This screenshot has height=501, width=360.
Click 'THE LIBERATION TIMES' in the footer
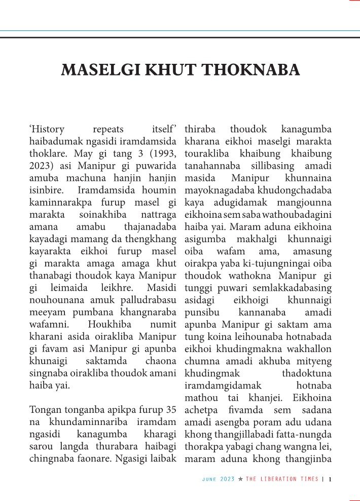tap(282, 479)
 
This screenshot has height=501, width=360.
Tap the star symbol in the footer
tap(240, 479)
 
